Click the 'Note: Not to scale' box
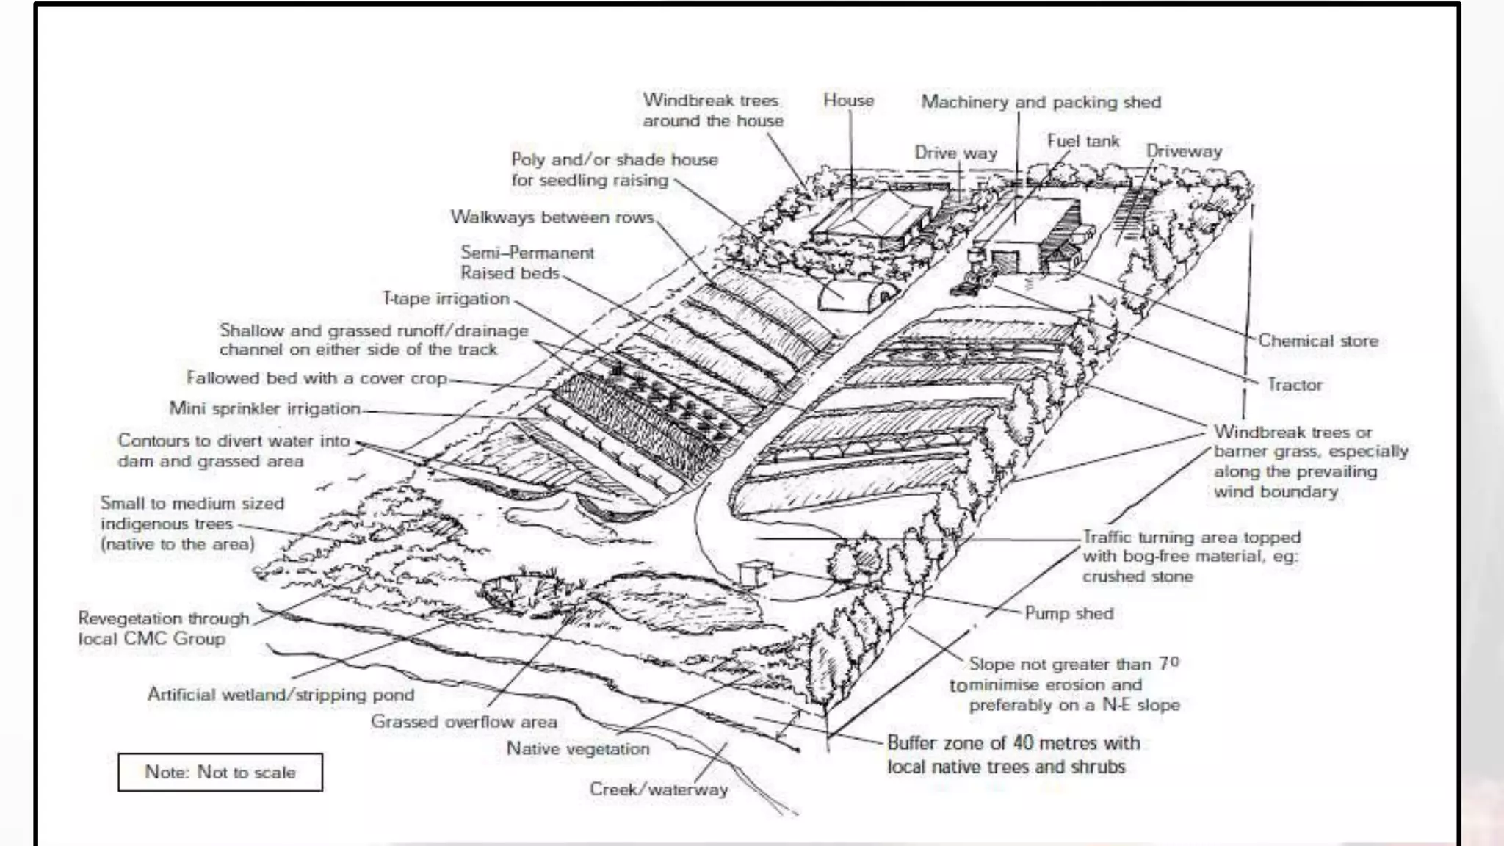(x=220, y=772)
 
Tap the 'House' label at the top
(x=848, y=101)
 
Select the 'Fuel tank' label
(x=1082, y=141)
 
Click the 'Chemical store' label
(x=1317, y=341)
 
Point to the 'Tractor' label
(x=1294, y=385)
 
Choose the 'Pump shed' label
(x=1069, y=613)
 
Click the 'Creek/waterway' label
(x=658, y=789)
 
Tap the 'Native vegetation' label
(x=578, y=749)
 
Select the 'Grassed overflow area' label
(x=463, y=722)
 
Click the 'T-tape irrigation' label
(x=446, y=299)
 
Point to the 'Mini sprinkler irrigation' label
(x=264, y=408)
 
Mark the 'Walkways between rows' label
(x=552, y=217)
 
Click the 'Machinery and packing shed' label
(x=1041, y=102)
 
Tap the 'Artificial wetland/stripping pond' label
(x=281, y=695)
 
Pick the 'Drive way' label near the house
(x=955, y=153)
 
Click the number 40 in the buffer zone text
(x=1023, y=742)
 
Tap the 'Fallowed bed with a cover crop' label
(x=317, y=378)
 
